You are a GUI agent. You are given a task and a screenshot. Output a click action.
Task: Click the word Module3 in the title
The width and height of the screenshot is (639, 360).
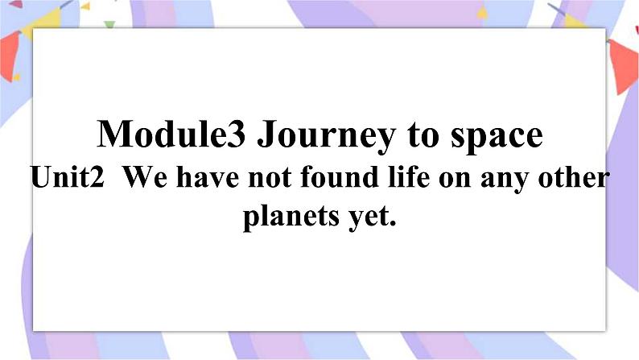171,134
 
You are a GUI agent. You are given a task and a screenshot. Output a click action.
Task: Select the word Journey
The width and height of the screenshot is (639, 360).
327,137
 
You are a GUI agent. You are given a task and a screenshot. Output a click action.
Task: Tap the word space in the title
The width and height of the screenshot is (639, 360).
497,138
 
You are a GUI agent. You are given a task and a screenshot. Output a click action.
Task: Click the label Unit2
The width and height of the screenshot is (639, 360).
68,177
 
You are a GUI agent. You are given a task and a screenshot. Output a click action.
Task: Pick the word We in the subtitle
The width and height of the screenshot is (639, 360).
145,177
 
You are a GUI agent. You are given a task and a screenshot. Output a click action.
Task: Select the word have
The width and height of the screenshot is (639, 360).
208,177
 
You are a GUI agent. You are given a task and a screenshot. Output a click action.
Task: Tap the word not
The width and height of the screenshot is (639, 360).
270,179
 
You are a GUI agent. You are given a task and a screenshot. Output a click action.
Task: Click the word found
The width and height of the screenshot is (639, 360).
340,177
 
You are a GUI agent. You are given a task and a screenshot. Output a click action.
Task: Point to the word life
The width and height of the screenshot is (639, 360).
409,176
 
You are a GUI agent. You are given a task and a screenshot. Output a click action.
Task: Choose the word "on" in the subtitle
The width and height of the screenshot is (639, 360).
455,180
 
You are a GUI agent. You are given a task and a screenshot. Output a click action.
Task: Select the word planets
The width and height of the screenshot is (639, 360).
291,216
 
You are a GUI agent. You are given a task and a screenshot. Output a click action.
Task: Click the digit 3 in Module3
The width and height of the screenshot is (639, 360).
237,134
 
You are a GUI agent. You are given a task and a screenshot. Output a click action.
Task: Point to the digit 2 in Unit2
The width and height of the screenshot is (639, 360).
97,177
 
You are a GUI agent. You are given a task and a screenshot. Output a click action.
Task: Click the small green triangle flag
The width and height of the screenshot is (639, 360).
109,25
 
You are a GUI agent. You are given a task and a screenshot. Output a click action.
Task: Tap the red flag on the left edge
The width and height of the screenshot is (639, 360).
10,56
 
